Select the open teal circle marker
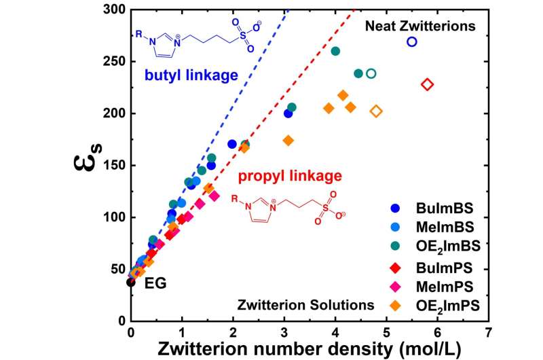click(371, 73)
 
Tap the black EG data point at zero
click(131, 282)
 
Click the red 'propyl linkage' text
click(289, 177)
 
